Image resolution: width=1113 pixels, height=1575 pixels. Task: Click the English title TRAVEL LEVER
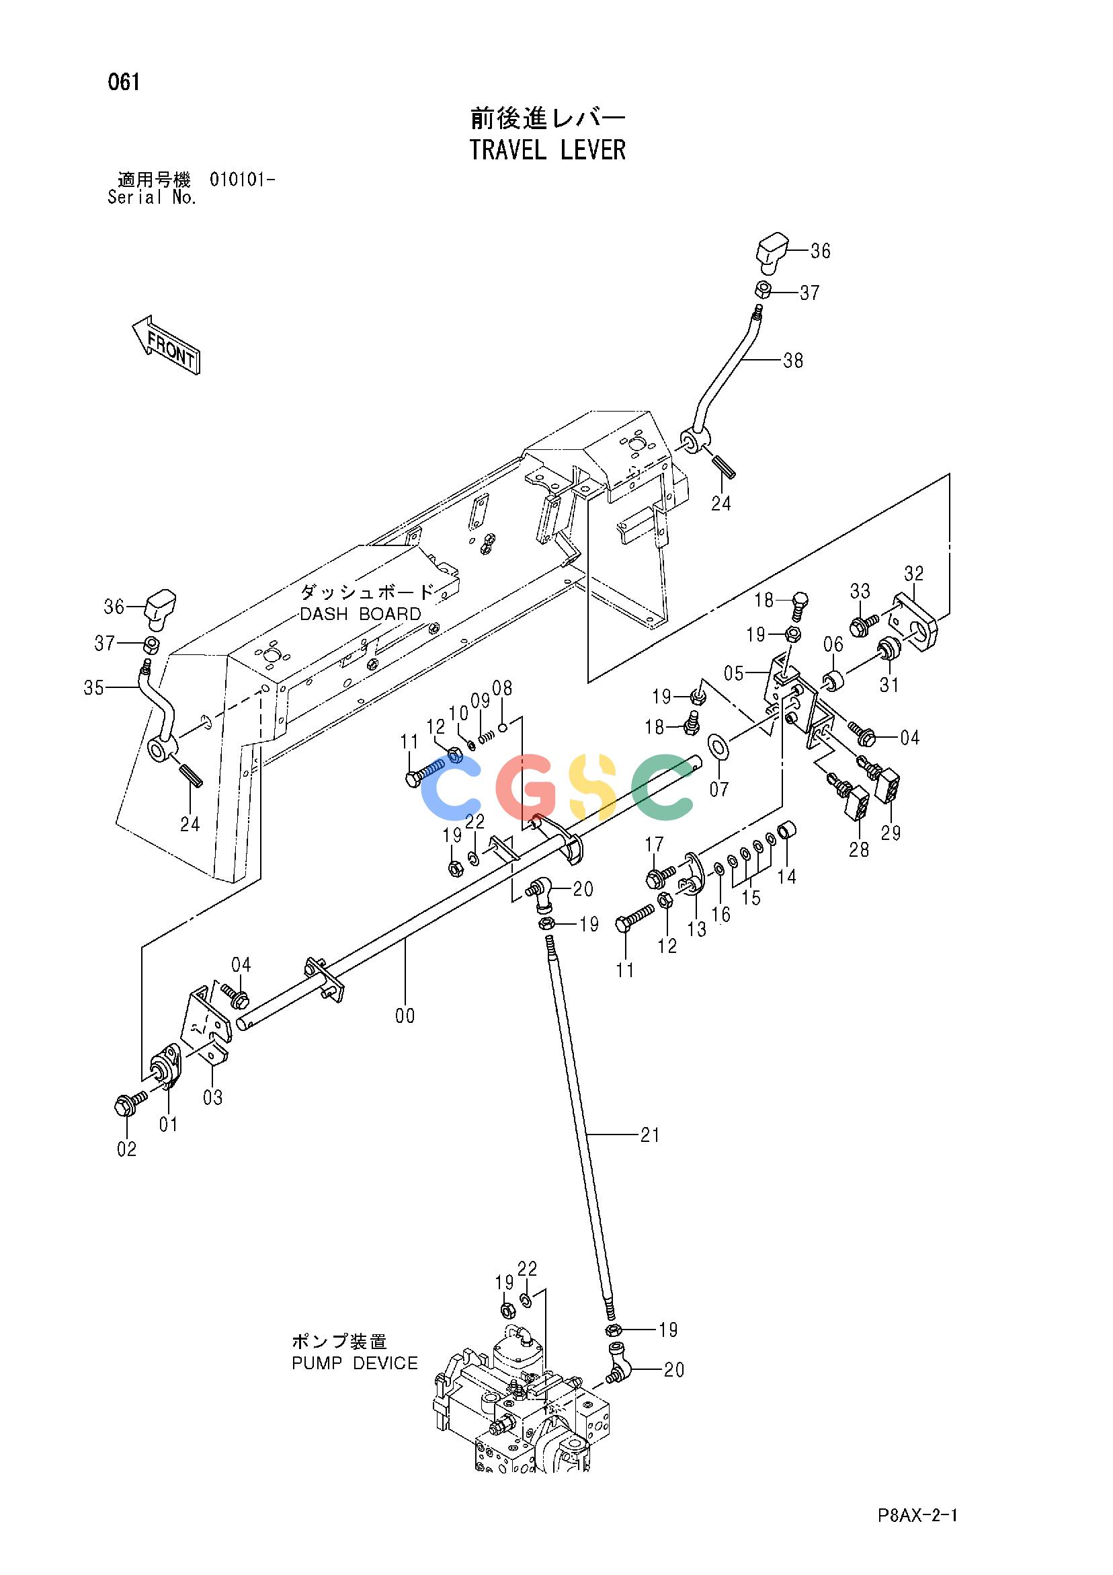[x=547, y=149]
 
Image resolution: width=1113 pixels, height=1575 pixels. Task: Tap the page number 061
[x=124, y=83]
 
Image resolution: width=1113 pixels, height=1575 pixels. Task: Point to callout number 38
[x=793, y=360]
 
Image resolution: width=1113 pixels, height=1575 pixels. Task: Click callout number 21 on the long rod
[x=649, y=1135]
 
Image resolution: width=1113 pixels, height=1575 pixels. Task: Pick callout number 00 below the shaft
[x=405, y=1016]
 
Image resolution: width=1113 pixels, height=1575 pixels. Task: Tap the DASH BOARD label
[x=360, y=614]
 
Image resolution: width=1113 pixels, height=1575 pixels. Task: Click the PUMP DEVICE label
[x=355, y=1363]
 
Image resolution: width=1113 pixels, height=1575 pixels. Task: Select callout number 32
[x=913, y=573]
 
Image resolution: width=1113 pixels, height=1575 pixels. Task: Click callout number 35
[x=94, y=687]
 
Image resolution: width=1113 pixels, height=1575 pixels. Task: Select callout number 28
[x=858, y=849]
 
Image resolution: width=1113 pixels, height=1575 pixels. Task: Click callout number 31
[x=889, y=685]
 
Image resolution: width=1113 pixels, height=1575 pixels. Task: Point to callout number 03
[x=213, y=1098]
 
